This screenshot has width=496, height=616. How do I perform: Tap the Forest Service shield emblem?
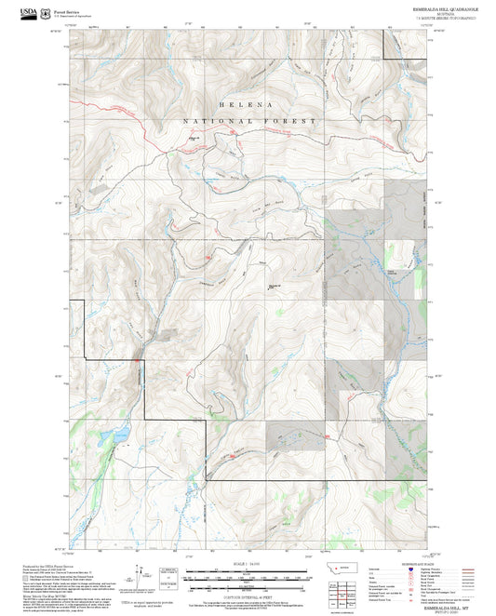pos(47,12)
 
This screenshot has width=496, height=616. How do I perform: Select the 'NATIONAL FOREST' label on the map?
pos(248,122)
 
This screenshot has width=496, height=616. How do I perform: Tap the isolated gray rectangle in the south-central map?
pos(297,435)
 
